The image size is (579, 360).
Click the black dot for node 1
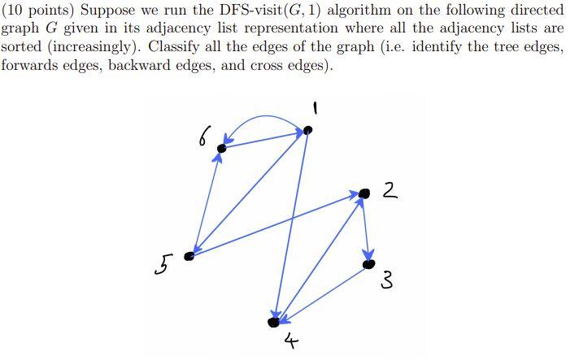coord(307,130)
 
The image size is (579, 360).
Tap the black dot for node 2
coord(364,193)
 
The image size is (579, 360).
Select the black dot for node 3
coord(368,263)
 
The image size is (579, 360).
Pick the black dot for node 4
coord(274,322)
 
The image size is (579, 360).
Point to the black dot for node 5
coord(189,256)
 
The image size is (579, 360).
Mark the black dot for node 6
coord(221,149)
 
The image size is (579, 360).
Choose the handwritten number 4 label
coord(290,343)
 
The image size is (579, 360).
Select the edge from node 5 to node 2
coord(276,225)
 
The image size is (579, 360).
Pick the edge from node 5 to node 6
coord(205,203)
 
